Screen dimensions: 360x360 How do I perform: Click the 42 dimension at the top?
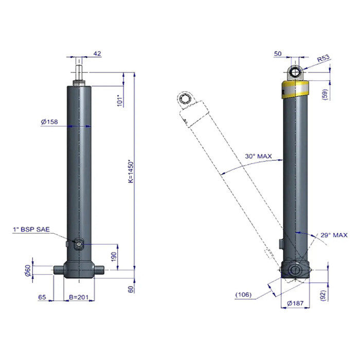coord(97,53)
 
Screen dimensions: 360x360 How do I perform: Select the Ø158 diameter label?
coord(49,122)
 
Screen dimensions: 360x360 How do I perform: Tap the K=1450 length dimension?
coord(131,172)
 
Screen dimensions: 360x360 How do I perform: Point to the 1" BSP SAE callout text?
coord(31,229)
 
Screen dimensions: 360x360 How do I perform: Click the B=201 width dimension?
coord(79,297)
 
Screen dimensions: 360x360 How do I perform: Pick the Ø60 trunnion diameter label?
coord(28,271)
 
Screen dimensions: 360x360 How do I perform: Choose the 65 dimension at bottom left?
coord(42,297)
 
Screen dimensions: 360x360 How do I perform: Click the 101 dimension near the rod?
coord(120,101)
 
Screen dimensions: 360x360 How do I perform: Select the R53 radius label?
coord(323,58)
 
